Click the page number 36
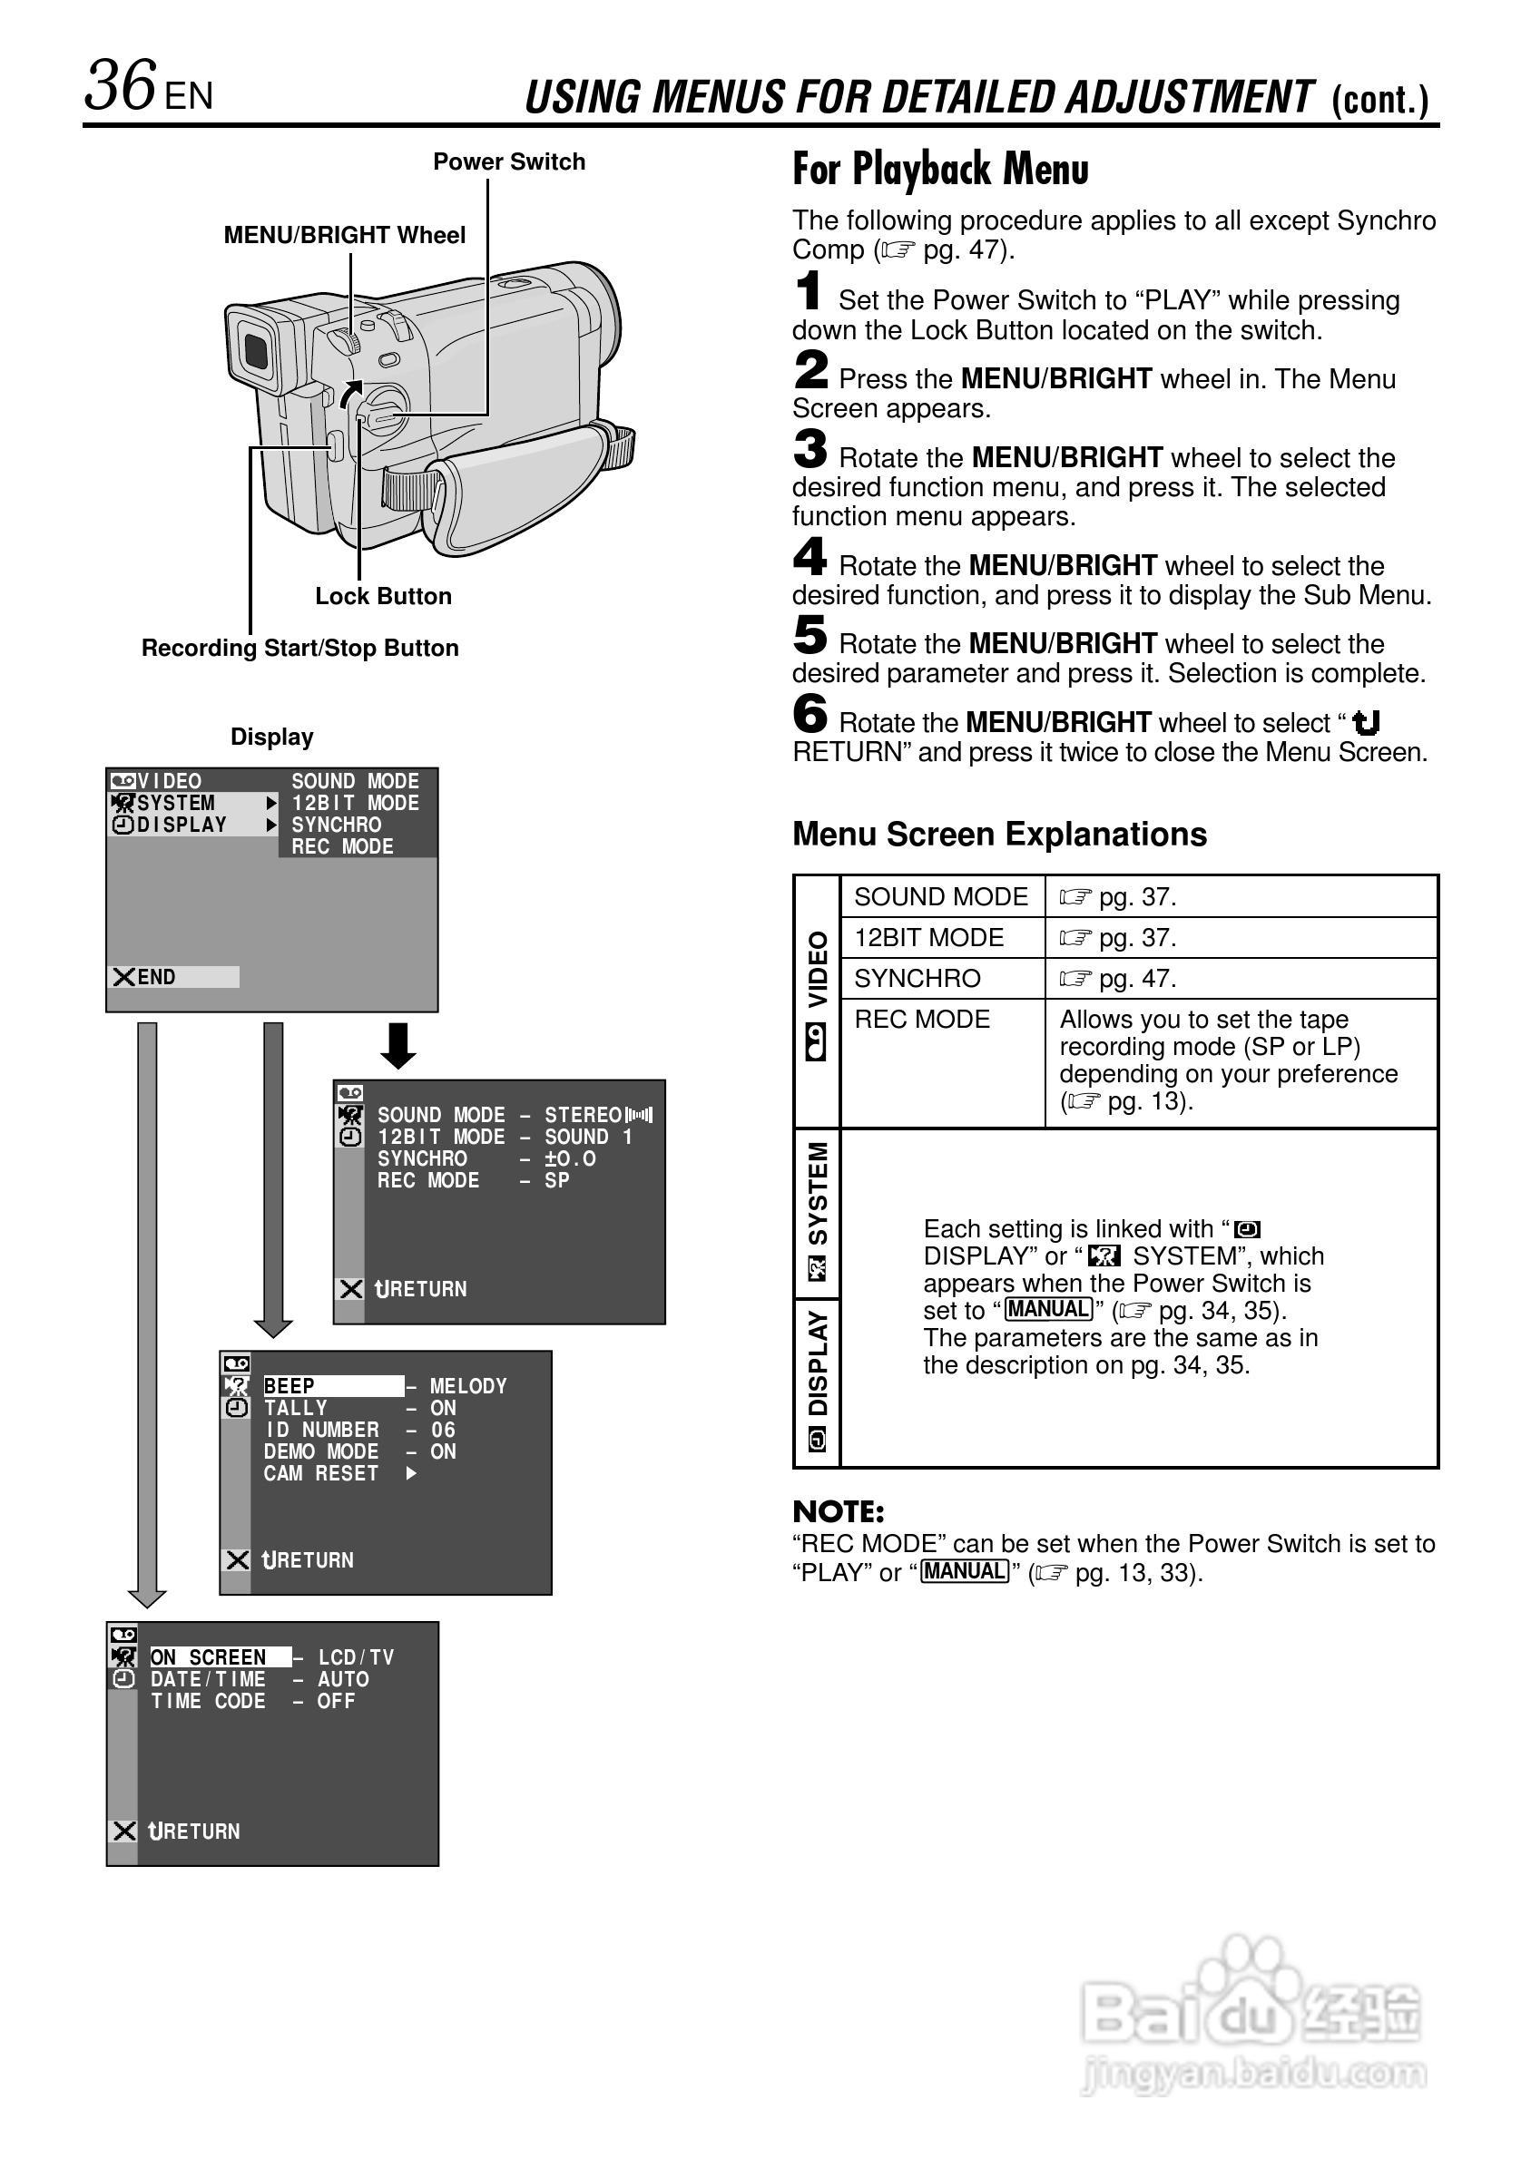(121, 86)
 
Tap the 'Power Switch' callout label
(508, 161)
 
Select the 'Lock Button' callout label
(383, 596)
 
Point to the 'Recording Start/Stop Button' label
(299, 648)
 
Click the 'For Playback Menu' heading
(939, 171)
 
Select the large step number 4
(809, 557)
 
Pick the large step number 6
(809, 714)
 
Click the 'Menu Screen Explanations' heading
(999, 834)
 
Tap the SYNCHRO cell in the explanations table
(918, 979)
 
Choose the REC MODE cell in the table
(922, 1020)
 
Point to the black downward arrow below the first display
(397, 1045)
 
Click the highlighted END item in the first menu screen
(175, 977)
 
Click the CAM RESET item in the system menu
(319, 1473)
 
